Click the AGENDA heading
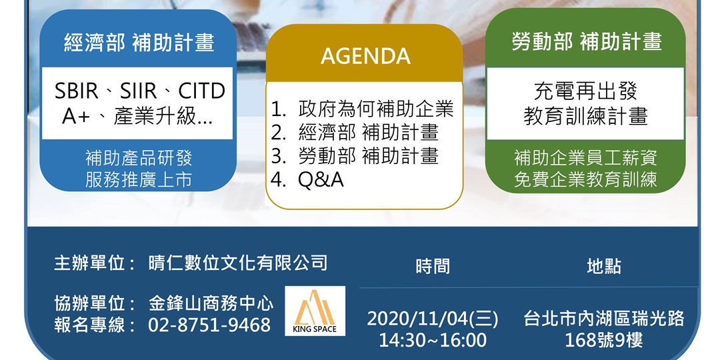[x=365, y=56]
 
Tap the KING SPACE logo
[x=315, y=311]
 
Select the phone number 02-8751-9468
[x=209, y=325]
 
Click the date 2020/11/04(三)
[x=432, y=319]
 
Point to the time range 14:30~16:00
[x=432, y=340]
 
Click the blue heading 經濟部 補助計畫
[x=139, y=43]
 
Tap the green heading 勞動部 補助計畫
[x=587, y=41]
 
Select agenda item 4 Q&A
[x=307, y=180]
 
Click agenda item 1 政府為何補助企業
[x=362, y=109]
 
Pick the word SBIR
[x=76, y=91]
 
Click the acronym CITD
[x=201, y=91]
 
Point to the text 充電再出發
[x=585, y=91]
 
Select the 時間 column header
[x=433, y=266]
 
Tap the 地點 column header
[x=604, y=266]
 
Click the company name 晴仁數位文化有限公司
[x=238, y=263]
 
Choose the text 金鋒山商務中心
[x=211, y=303]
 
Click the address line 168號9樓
[x=604, y=340]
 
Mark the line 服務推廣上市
[x=138, y=180]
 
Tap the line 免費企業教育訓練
[x=585, y=179]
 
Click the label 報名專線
[x=89, y=325]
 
